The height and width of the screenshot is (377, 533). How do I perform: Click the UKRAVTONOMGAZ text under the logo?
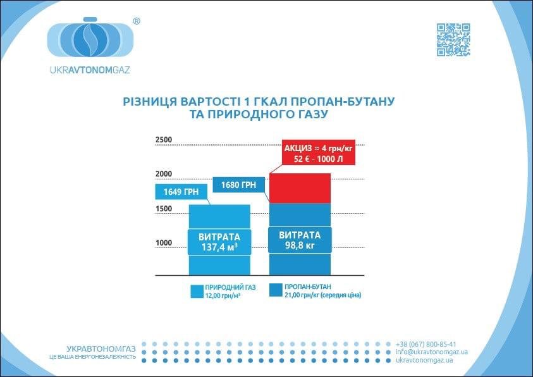pos(89,70)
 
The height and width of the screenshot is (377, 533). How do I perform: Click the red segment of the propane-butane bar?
pos(300,188)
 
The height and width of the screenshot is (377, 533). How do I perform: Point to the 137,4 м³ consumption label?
pos(219,246)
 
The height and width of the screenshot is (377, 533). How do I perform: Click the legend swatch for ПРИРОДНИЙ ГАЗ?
pos(196,291)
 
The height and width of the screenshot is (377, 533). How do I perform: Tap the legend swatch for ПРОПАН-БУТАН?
pos(276,290)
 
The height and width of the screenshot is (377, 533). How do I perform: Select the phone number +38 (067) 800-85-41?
pos(426,343)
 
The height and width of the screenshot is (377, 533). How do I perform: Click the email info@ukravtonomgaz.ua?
pos(431,352)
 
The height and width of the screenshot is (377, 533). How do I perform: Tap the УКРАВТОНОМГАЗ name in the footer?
pos(101,348)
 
